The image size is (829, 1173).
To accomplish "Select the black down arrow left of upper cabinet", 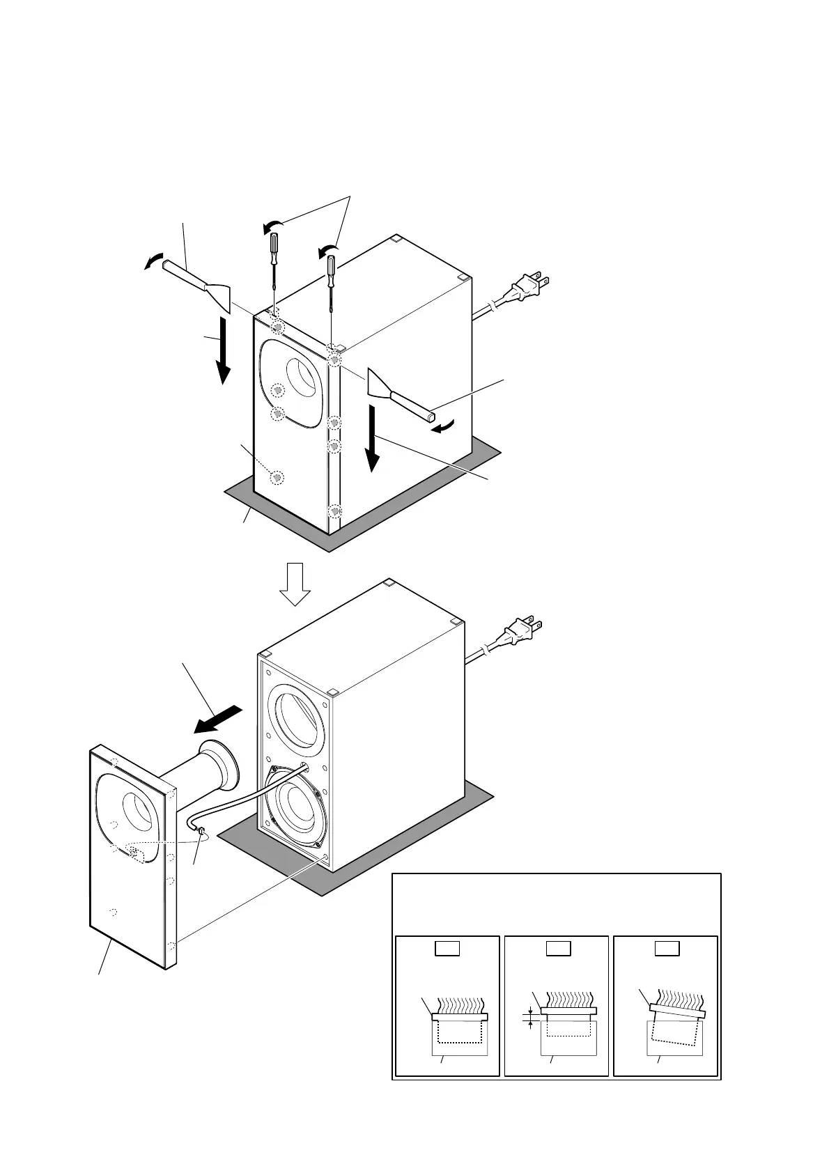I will pyautogui.click(x=223, y=350).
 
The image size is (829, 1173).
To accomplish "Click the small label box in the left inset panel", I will pyautogui.click(x=447, y=948).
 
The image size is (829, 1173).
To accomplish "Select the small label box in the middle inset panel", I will pyautogui.click(x=556, y=948).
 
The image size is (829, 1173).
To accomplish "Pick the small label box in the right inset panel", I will pyautogui.click(x=665, y=948).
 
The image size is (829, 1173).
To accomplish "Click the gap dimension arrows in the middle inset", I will pyautogui.click(x=531, y=1020).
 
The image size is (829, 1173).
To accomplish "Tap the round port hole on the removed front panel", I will pyautogui.click(x=139, y=809).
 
